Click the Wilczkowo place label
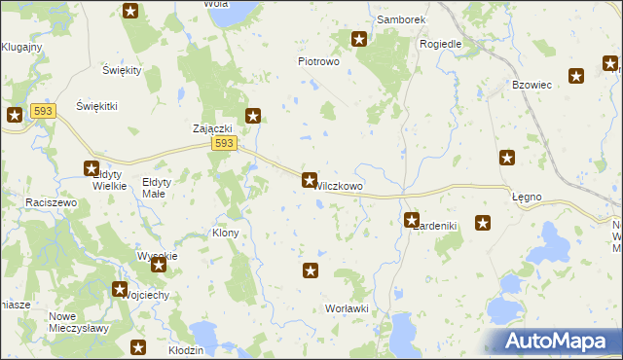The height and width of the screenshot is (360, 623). (x=340, y=185)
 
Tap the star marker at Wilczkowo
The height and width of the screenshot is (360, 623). (x=310, y=180)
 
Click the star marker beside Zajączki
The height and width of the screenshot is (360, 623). (x=253, y=117)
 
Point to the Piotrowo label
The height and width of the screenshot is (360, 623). (x=317, y=60)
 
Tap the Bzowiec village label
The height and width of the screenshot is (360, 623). (x=531, y=85)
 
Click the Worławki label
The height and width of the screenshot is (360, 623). (x=347, y=308)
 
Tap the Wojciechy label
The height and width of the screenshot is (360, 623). (x=149, y=295)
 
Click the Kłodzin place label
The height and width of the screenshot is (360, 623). (x=185, y=349)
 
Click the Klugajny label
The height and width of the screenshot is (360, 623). (x=19, y=47)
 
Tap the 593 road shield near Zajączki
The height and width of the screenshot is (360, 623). (x=224, y=144)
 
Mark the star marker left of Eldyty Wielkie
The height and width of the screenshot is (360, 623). (x=92, y=168)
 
